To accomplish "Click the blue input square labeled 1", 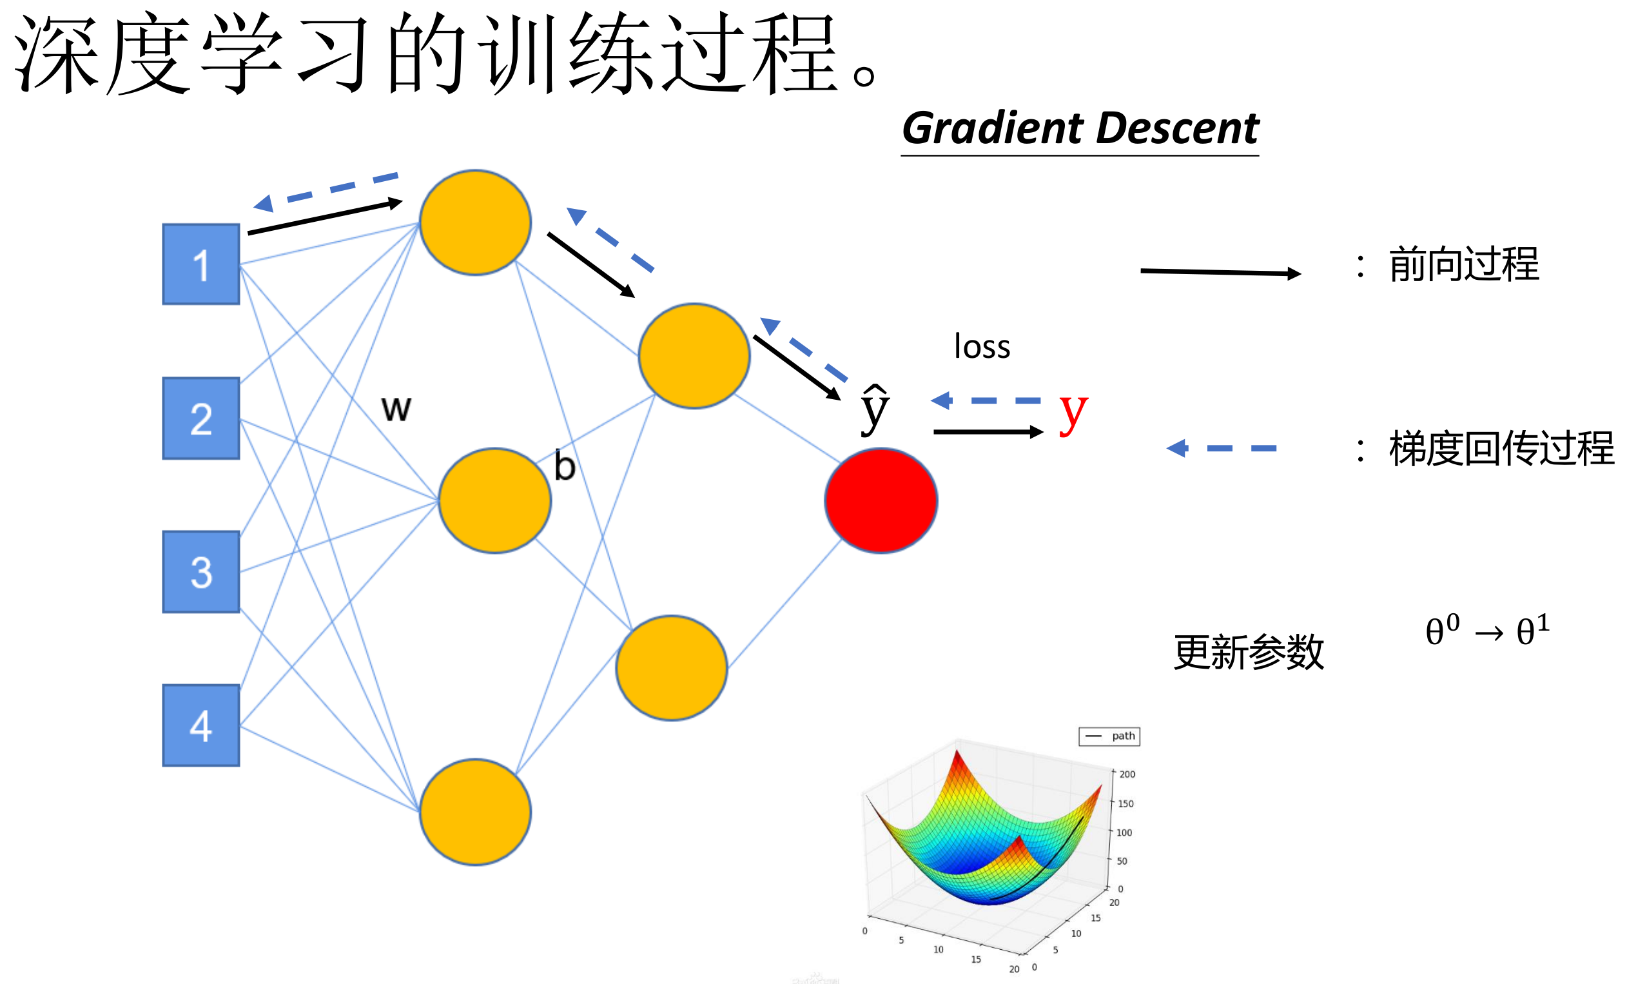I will click(200, 264).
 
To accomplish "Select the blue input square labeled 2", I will click(200, 418).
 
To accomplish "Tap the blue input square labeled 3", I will click(200, 572).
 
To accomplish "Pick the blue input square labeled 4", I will click(200, 725).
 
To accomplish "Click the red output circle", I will click(881, 500).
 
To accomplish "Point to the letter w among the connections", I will click(396, 408).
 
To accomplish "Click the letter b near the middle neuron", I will click(565, 466).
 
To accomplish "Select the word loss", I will click(982, 347).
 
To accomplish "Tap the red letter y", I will click(1073, 413).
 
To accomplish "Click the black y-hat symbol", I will click(875, 409).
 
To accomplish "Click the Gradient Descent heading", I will click(1080, 128).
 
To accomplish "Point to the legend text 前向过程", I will click(1463, 265).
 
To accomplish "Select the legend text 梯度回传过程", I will click(1501, 449).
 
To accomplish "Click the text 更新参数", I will click(1249, 653).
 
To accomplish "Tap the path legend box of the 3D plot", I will click(1109, 736).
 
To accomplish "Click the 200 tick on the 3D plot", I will click(1127, 774).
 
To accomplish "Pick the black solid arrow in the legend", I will click(1220, 272).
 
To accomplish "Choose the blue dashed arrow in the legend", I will click(1222, 448).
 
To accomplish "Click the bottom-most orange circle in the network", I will click(476, 812).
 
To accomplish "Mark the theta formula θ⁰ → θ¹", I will click(1487, 631).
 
